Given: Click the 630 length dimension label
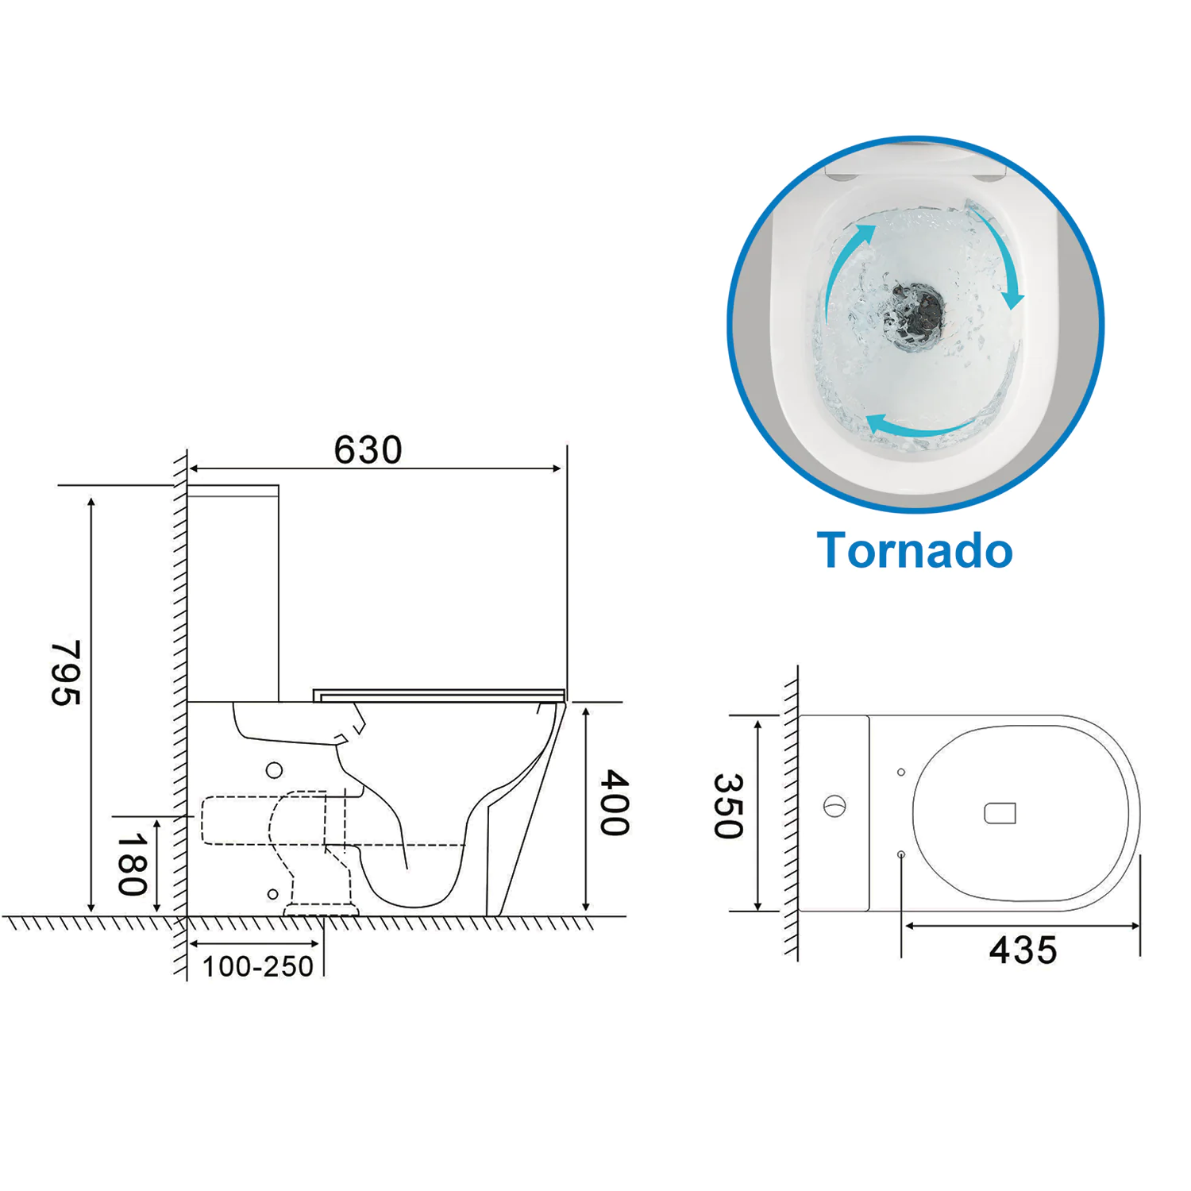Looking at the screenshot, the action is point(368,450).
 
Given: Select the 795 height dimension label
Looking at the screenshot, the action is point(66,673).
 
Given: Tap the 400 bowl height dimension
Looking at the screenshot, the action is point(614,802).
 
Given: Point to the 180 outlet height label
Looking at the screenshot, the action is point(133,864).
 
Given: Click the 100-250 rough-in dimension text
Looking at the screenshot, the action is point(258,966).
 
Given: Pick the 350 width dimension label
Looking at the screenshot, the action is point(728,806).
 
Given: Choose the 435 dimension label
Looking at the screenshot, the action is point(1023,950).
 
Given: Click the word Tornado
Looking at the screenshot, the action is point(915,550).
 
